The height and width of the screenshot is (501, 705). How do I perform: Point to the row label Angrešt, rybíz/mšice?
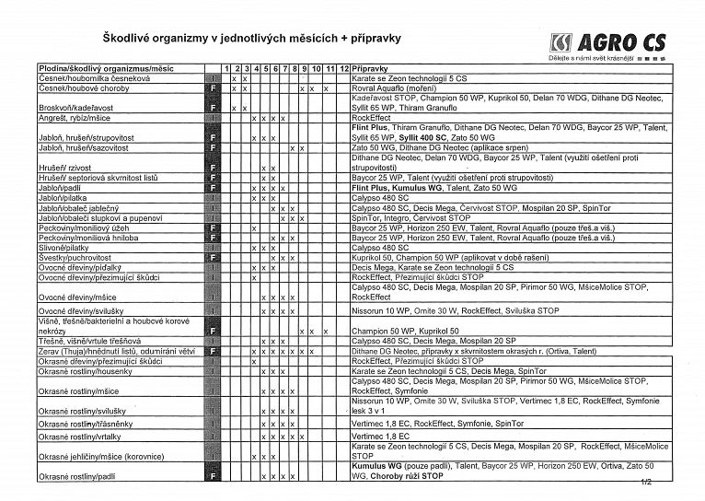74,118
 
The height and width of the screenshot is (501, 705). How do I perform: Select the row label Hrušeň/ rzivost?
67,168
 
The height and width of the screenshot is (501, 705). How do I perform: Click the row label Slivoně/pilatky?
65,248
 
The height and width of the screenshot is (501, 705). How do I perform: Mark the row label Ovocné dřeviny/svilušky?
82,312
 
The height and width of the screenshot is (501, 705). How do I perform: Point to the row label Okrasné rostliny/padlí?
76,476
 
